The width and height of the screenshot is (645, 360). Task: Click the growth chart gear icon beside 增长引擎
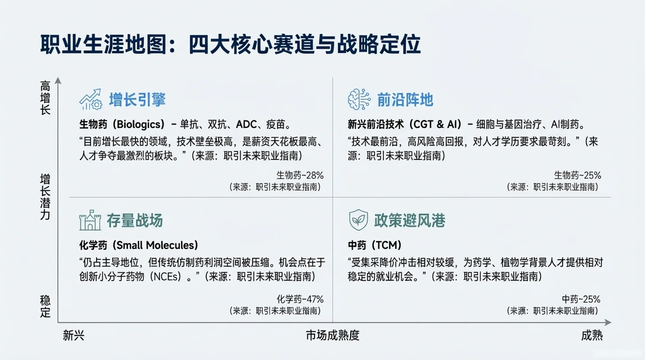pyautogui.click(x=90, y=99)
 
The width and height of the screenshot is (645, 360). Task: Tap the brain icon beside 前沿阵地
pyautogui.click(x=359, y=99)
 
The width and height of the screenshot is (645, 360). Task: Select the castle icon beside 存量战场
pyautogui.click(x=90, y=220)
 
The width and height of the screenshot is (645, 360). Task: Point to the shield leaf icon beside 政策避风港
pyautogui.click(x=358, y=220)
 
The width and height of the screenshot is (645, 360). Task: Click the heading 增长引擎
pyautogui.click(x=137, y=100)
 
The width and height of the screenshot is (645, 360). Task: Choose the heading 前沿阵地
pyautogui.click(x=405, y=100)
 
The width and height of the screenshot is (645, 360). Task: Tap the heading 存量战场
pyautogui.click(x=135, y=221)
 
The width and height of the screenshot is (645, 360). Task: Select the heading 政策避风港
pyautogui.click(x=409, y=221)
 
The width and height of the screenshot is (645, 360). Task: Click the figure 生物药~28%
pyautogui.click(x=300, y=175)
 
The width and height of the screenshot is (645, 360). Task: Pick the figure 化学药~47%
pyautogui.click(x=300, y=299)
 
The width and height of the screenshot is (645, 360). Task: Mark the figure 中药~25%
pyautogui.click(x=581, y=299)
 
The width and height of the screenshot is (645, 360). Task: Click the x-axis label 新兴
pyautogui.click(x=74, y=335)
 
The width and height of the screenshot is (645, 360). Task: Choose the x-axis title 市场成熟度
pyautogui.click(x=332, y=335)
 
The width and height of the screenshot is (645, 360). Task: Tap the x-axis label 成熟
pyautogui.click(x=592, y=335)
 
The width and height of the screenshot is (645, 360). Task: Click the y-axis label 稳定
pyautogui.click(x=45, y=306)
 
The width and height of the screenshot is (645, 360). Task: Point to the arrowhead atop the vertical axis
pyautogui.click(x=58, y=80)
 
